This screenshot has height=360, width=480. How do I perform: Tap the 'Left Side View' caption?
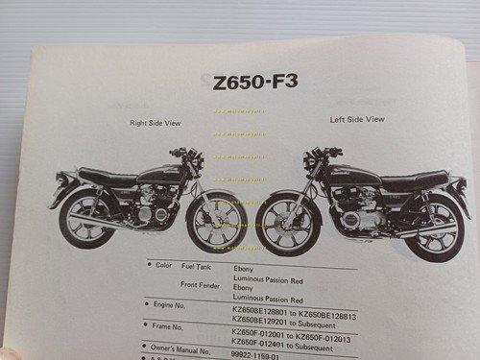357,119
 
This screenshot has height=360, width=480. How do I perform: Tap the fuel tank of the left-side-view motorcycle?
340,173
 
